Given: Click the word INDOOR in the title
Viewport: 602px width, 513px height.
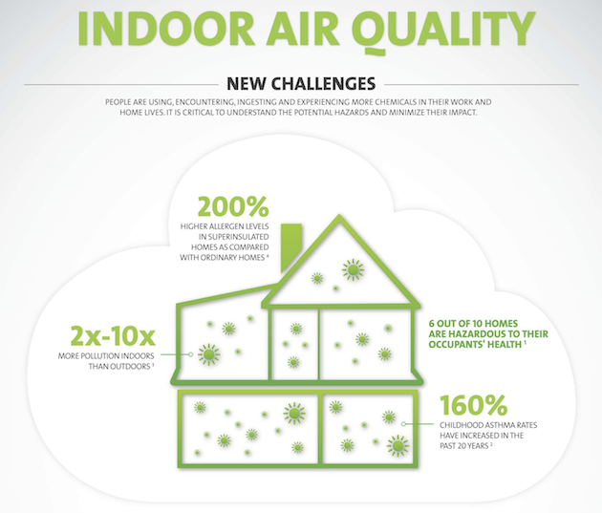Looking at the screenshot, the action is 167,30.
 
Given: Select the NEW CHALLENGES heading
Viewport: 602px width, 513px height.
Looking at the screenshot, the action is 301,84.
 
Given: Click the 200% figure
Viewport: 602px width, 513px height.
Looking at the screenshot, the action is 233,207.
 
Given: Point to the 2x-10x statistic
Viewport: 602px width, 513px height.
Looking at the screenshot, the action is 113,336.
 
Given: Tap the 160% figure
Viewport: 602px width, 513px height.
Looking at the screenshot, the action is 473,405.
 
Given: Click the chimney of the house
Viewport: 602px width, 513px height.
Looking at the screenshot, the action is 291,247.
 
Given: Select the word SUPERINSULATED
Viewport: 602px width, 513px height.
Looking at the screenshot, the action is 234,237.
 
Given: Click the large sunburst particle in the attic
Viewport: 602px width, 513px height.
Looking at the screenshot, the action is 353,270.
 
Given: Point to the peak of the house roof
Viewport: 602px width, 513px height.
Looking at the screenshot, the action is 339,216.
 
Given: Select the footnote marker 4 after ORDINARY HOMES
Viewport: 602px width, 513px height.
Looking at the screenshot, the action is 267,255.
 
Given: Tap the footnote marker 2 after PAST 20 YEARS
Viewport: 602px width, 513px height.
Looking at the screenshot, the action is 492,444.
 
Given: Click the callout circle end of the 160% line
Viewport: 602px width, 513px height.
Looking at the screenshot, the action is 403,424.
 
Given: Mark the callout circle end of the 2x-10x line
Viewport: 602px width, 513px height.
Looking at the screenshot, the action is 190,354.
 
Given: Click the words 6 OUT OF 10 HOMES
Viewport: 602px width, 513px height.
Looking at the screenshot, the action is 473,324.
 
